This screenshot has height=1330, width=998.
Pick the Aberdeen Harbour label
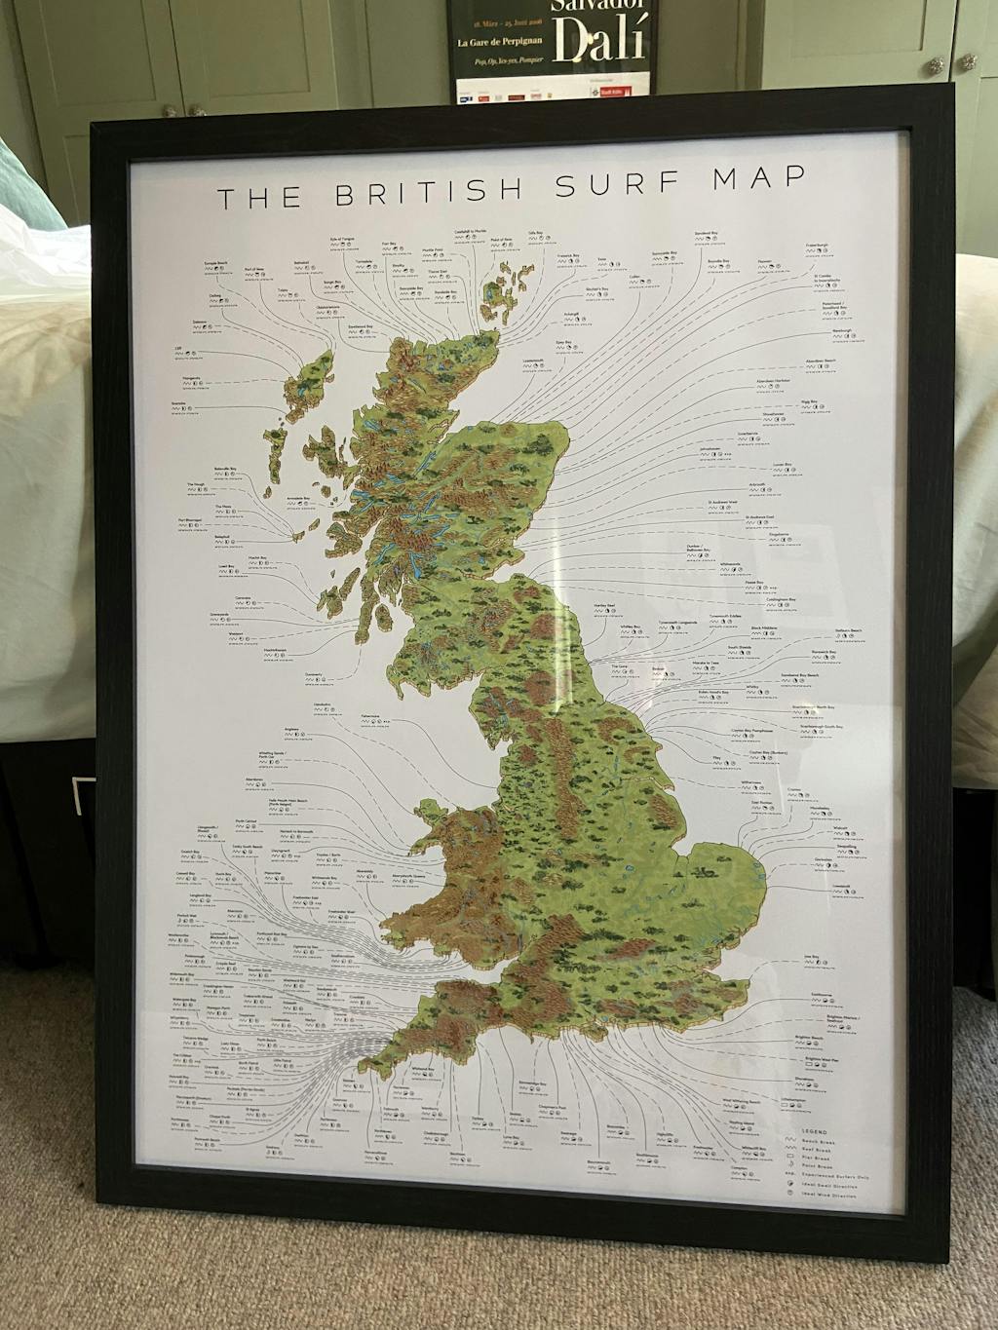pos(777,378)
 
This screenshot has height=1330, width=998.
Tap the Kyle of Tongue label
pos(346,240)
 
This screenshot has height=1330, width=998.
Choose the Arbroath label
pos(762,483)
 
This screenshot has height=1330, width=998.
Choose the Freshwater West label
pos(340,912)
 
